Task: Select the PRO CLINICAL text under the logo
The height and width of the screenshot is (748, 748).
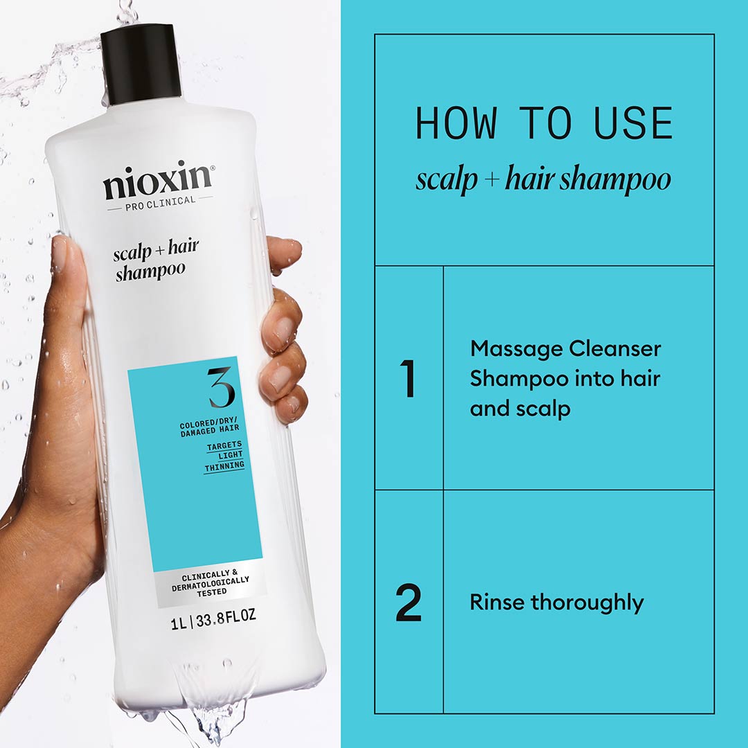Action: click(160, 201)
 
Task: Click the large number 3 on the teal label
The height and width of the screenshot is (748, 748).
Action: click(221, 388)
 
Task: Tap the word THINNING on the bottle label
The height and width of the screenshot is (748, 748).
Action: click(224, 467)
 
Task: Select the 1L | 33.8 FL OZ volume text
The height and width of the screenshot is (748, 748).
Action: click(213, 616)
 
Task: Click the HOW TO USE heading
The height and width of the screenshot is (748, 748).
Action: click(544, 125)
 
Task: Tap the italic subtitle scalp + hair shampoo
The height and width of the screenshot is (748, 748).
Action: click(544, 180)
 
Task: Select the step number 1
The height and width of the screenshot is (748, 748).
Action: click(409, 378)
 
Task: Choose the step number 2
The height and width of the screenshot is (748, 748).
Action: click(409, 603)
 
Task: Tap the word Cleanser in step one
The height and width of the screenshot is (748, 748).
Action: click(615, 349)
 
